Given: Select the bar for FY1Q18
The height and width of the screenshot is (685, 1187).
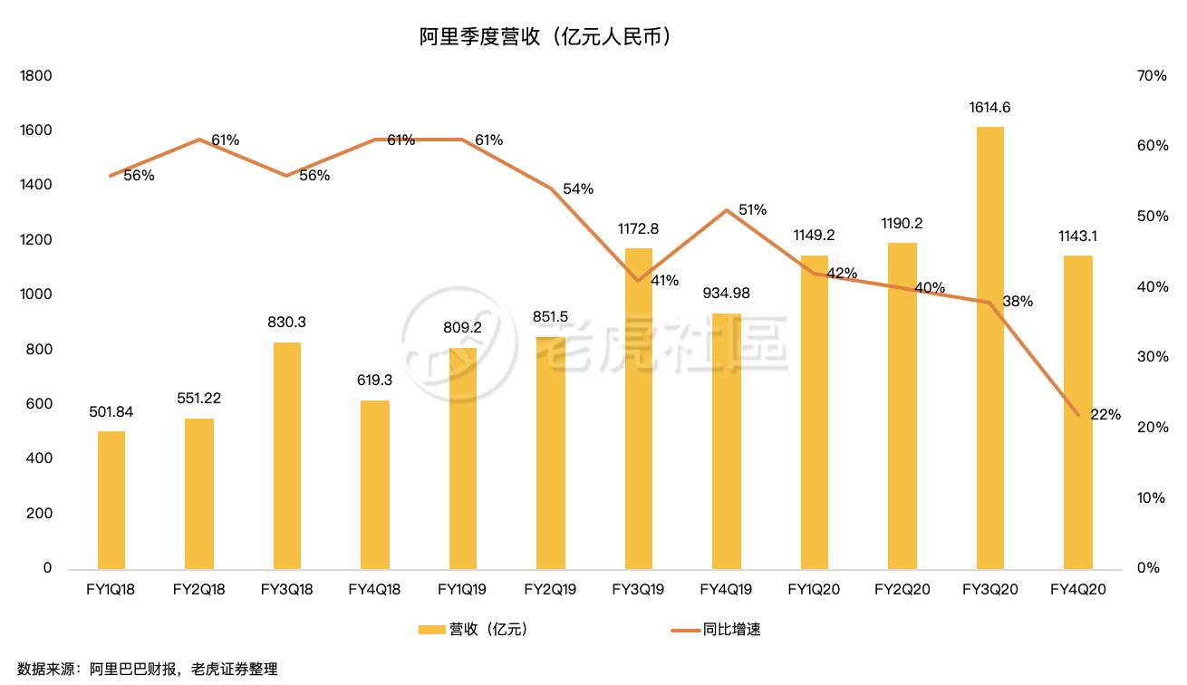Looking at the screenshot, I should (111, 500).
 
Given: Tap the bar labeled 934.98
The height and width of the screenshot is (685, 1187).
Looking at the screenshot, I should (727, 441).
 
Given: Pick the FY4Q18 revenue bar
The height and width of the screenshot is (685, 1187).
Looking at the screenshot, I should (375, 485).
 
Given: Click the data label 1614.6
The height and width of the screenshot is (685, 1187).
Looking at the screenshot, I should (989, 108).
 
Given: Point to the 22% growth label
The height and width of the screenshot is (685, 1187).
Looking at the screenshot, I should (1105, 415).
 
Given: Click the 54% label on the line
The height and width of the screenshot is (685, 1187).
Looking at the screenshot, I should (578, 188).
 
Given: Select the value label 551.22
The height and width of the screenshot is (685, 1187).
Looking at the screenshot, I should (199, 398).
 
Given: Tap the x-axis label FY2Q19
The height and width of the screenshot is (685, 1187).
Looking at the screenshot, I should (550, 590).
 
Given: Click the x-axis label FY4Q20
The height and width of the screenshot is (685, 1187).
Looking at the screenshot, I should (1077, 590).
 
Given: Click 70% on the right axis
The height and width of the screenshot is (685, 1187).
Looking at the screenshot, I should (1151, 76).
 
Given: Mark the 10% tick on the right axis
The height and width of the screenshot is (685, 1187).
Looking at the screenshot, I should (1151, 498).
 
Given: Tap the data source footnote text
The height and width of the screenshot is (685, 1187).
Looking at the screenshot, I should (141, 670).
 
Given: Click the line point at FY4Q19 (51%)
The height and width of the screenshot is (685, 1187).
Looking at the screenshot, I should (727, 210).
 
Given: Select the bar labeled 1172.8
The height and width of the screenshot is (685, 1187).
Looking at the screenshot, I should (639, 408).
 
